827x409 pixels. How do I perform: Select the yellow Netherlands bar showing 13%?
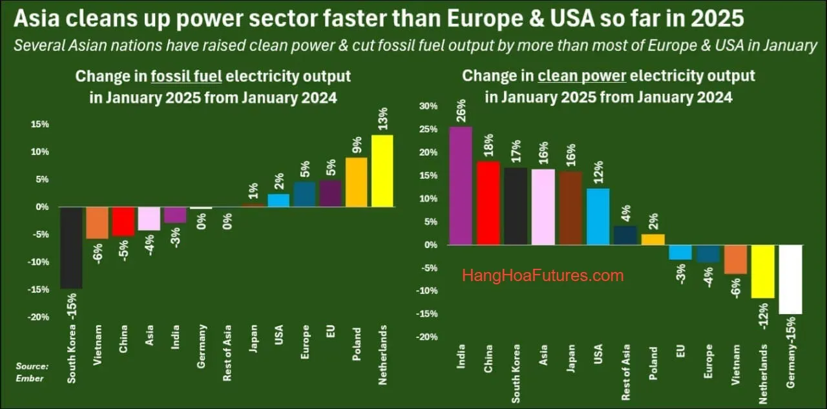pyautogui.click(x=382, y=171)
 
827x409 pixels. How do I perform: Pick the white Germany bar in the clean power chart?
pyautogui.click(x=791, y=279)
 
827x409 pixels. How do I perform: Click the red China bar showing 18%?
pyautogui.click(x=488, y=203)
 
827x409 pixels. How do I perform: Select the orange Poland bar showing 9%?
pyautogui.click(x=356, y=182)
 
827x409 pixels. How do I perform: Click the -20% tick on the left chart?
pyautogui.click(x=40, y=317)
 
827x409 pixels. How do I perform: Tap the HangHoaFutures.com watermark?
pyautogui.click(x=543, y=276)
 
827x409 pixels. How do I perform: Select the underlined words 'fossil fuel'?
pyautogui.click(x=186, y=76)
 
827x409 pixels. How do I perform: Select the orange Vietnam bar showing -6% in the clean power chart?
pyautogui.click(x=735, y=259)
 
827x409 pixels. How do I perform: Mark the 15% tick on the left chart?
pyautogui.click(x=40, y=124)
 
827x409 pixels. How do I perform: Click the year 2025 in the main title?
pyautogui.click(x=715, y=19)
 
